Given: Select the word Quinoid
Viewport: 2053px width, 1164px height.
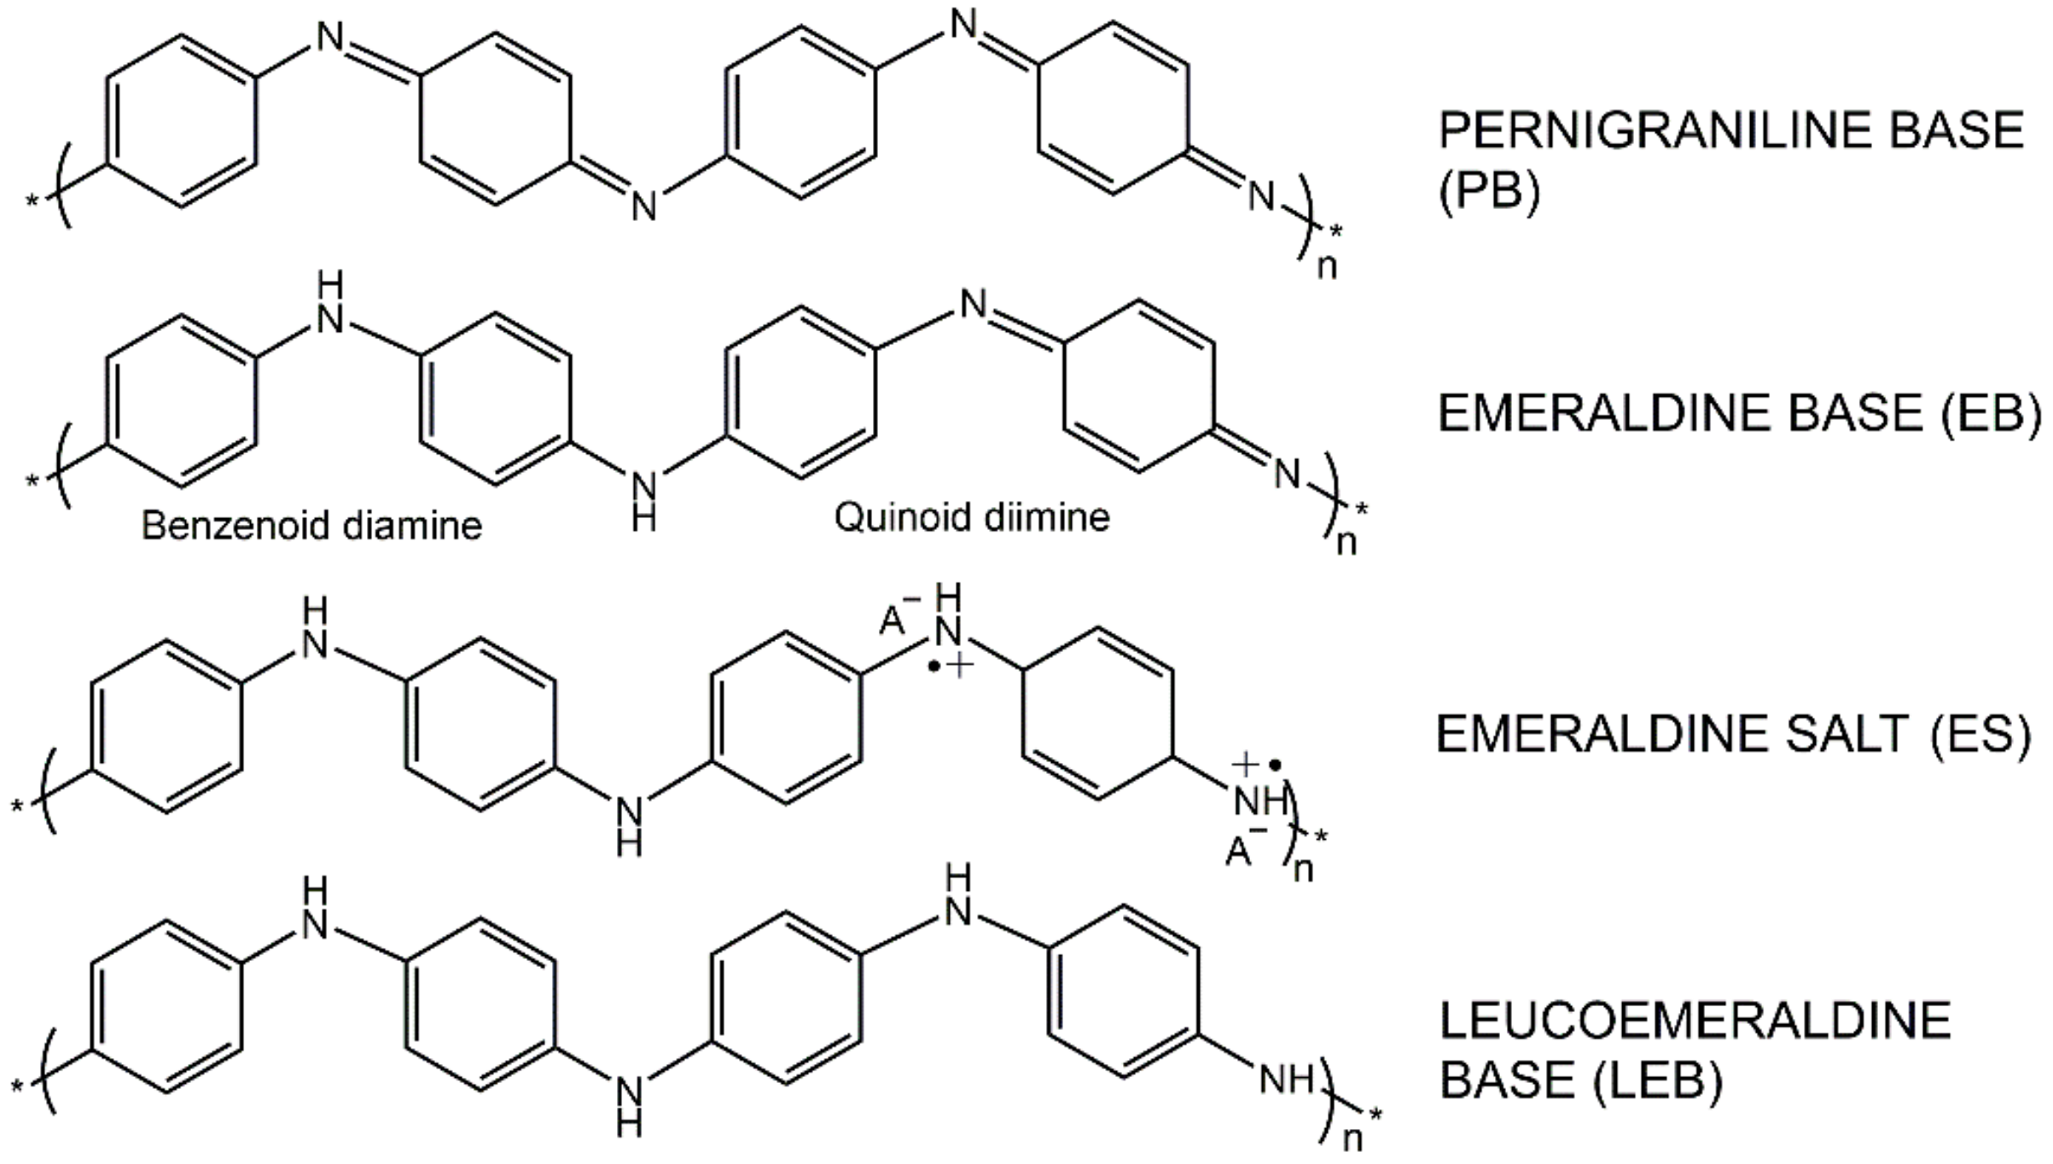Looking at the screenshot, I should (x=892, y=517).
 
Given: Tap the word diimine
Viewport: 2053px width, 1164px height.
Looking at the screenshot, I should (x=1049, y=517).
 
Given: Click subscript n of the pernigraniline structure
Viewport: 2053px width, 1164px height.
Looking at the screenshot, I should (x=1327, y=267).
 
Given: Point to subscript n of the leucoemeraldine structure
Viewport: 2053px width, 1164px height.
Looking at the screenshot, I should (x=1352, y=1140).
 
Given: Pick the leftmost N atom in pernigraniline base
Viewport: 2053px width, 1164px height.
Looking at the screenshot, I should (x=330, y=38).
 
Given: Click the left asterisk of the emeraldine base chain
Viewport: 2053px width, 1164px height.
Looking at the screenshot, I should (x=32, y=480).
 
